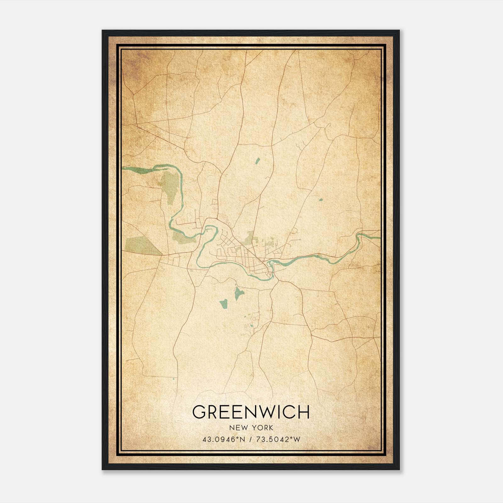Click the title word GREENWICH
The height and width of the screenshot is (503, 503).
point(251,412)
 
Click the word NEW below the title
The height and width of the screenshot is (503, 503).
point(237,428)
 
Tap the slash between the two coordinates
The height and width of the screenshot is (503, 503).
point(250,439)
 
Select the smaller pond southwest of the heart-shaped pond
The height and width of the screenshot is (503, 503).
point(224,303)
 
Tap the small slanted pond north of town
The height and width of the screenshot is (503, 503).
point(257,161)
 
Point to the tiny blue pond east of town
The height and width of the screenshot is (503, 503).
point(321,199)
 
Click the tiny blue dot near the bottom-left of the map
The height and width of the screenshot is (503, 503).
point(174,379)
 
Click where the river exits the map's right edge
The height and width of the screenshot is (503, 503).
point(379,236)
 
